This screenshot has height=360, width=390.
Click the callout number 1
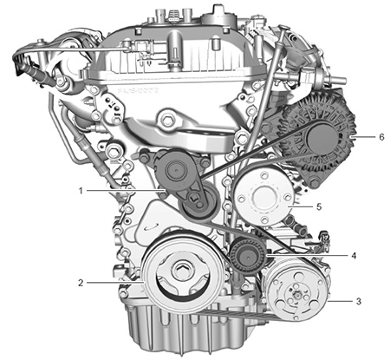81,191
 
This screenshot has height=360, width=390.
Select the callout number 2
81,283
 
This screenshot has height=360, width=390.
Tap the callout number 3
359,301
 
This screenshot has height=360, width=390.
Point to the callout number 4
354,256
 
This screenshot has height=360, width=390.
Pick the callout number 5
319,206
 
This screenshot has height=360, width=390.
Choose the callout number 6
381,137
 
